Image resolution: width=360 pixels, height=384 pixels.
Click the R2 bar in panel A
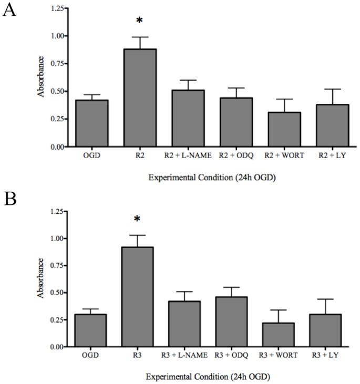[x=140, y=98]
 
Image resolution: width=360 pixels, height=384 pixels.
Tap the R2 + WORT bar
[x=235, y=129]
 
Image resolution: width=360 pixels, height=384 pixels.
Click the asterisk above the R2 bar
[x=139, y=21]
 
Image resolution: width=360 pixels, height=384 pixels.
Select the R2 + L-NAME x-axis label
[x=188, y=155]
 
